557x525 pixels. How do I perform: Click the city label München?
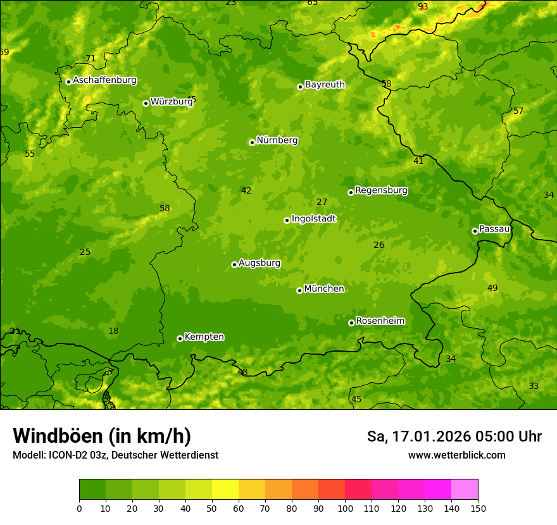(x=323, y=289)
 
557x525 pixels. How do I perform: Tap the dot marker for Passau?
(x=475, y=231)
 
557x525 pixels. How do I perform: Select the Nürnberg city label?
(x=277, y=140)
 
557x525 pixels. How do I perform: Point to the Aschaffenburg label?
(x=104, y=80)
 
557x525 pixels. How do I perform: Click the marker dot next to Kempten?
(x=180, y=338)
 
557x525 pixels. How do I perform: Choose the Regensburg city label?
(x=381, y=190)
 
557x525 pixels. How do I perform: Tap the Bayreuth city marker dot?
(x=300, y=87)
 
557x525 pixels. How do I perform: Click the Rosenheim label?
(x=380, y=321)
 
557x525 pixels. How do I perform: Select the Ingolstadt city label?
(x=313, y=219)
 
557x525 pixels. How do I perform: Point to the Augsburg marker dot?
(x=234, y=264)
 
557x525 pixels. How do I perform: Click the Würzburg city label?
(x=171, y=102)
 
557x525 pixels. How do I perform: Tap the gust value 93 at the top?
(x=423, y=7)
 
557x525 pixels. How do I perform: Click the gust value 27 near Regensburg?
(x=322, y=202)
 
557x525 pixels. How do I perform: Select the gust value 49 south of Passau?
(x=492, y=288)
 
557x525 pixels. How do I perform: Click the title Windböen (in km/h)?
(x=101, y=436)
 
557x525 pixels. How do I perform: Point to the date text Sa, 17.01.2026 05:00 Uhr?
(x=454, y=436)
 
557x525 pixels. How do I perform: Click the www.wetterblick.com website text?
(x=456, y=455)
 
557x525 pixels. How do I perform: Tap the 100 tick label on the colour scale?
(x=345, y=508)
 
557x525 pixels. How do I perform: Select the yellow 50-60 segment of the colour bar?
(x=225, y=490)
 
